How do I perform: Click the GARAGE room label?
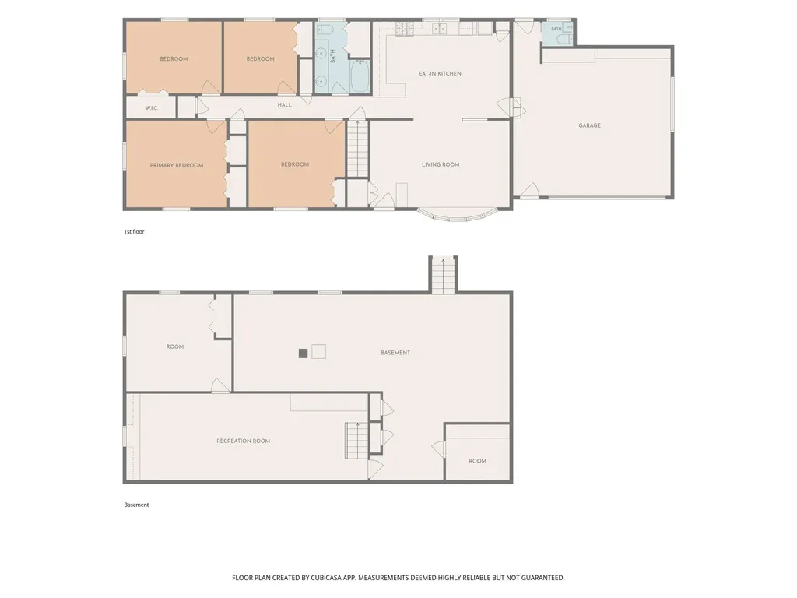589,125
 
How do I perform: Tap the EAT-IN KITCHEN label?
440,74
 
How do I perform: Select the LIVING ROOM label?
441,164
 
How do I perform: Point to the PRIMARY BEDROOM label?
177,165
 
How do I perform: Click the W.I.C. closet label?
152,108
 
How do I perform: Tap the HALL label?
285,105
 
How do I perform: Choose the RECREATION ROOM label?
243,441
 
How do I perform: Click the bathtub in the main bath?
360,76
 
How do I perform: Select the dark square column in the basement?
303,354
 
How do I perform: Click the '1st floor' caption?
134,232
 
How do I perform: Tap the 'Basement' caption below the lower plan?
136,505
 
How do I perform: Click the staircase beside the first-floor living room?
357,149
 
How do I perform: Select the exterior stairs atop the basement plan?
443,275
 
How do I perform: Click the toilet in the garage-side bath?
560,39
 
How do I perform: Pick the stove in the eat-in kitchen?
405,29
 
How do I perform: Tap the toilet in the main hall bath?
325,30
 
